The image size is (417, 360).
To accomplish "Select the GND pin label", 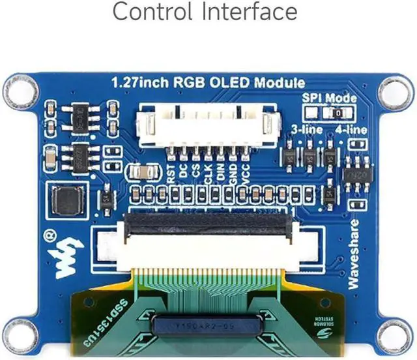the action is coord(233,173).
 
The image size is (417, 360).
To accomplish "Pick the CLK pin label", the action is coord(208,173).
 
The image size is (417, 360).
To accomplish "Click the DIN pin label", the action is coord(220,173).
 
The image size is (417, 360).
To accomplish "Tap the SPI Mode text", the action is coord(329,98).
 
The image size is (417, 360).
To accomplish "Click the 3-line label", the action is coord(305,129).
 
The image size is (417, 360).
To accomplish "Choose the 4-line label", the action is coord(351,129).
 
